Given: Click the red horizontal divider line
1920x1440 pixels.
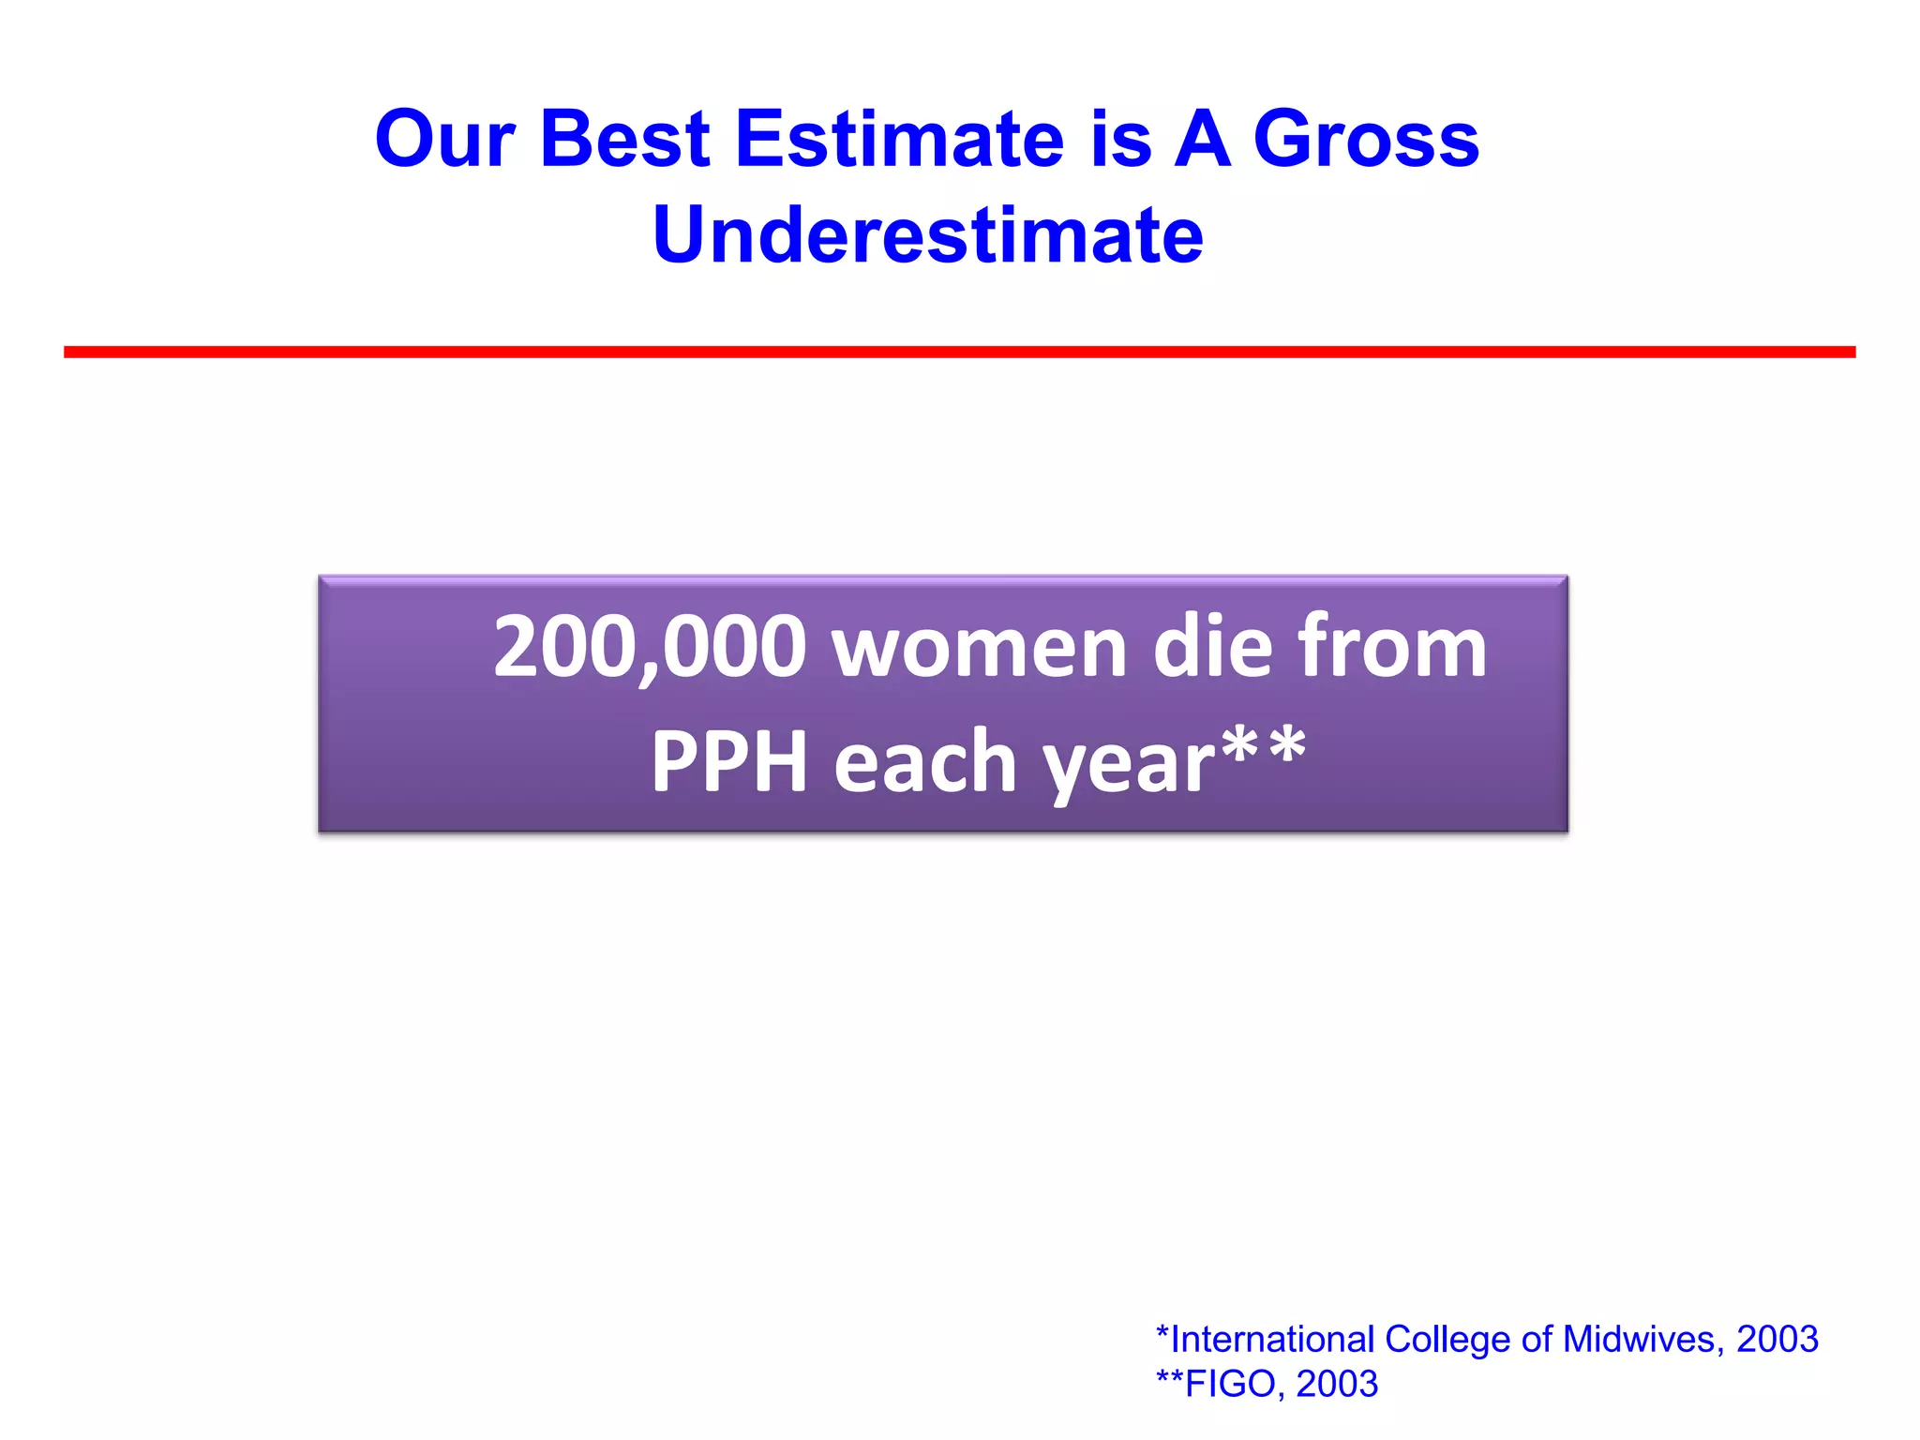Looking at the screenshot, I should point(959,352).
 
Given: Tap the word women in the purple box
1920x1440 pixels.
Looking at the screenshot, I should point(979,649).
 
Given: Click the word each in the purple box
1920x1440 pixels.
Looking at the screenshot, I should point(924,761).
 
